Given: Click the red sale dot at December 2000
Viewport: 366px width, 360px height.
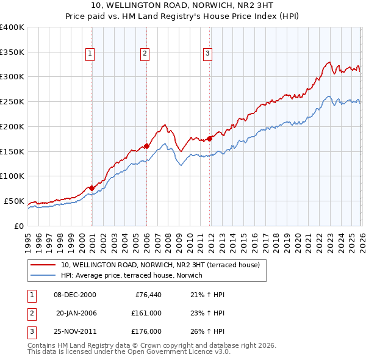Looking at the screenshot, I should pyautogui.click(x=91, y=188).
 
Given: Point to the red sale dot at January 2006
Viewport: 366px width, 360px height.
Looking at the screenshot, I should pyautogui.click(x=147, y=146).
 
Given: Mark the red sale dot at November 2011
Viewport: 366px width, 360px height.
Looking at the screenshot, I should pyautogui.click(x=210, y=139).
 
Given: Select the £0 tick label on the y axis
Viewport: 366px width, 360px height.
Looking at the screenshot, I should pyautogui.click(x=18, y=226).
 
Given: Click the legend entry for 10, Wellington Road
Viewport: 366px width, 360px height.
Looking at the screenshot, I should pyautogui.click(x=160, y=265).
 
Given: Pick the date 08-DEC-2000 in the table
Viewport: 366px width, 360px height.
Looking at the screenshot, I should pyautogui.click(x=75, y=295).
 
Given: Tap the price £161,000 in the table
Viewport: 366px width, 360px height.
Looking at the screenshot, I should pyautogui.click(x=146, y=313).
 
